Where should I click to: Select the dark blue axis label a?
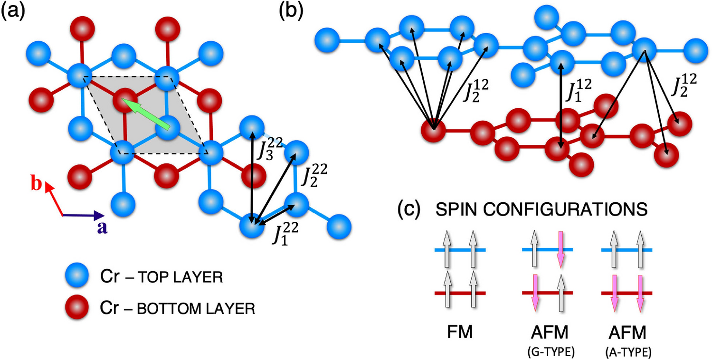click(x=101, y=227)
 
